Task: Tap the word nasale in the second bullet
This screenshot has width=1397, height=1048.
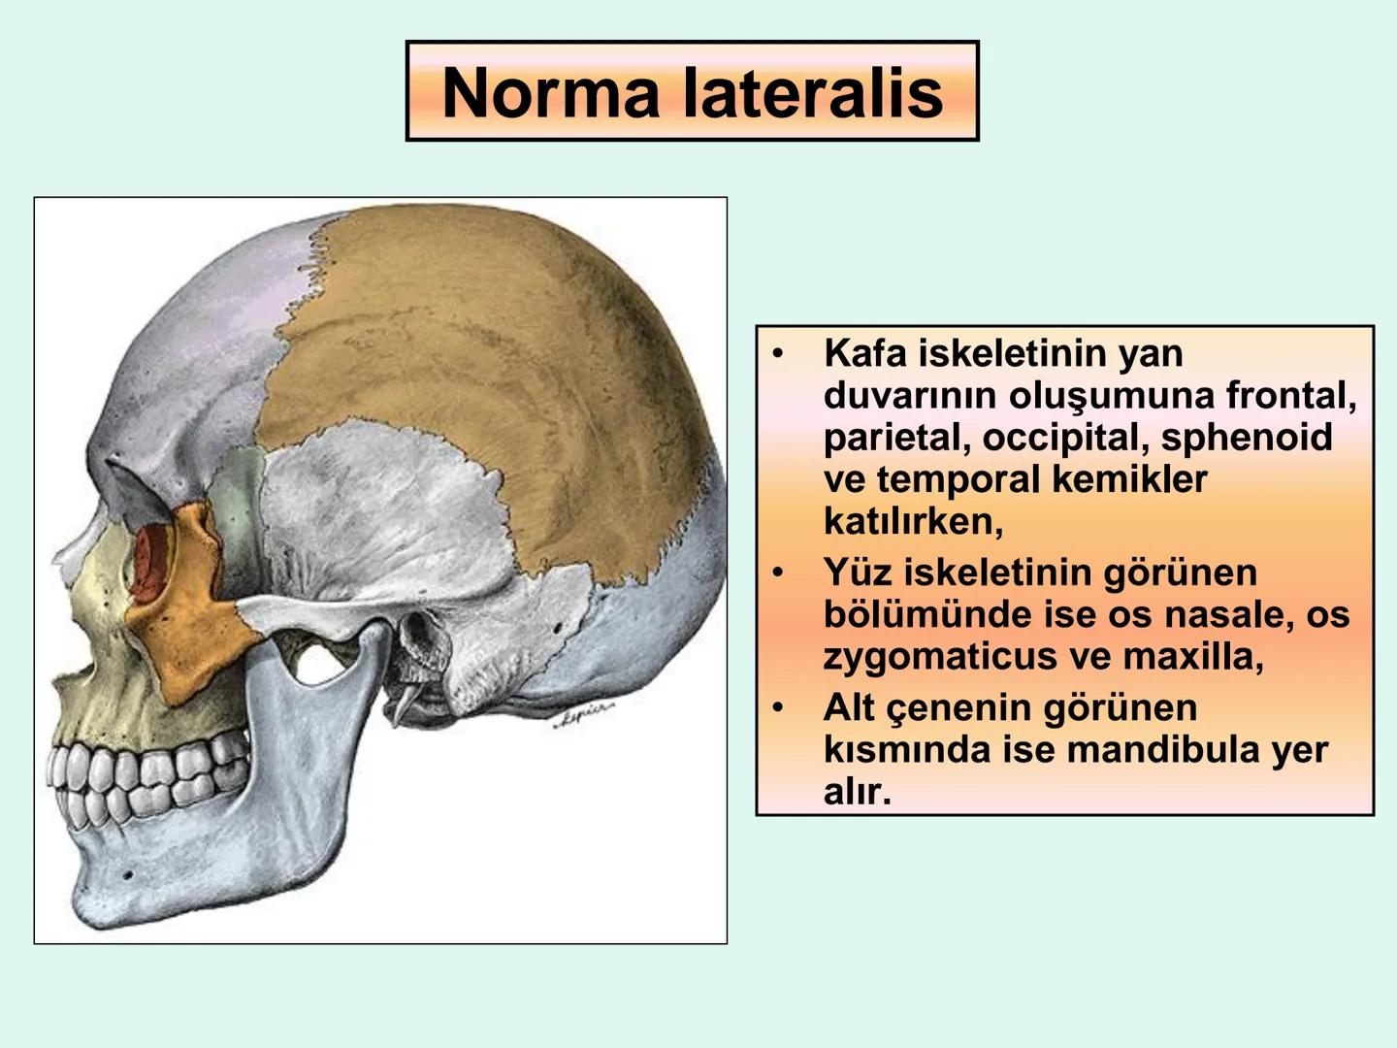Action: pyautogui.click(x=1218, y=614)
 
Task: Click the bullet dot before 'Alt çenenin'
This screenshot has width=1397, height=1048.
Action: pyautogui.click(x=777, y=708)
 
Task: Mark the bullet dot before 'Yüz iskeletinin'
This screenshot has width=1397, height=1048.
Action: pyautogui.click(x=777, y=573)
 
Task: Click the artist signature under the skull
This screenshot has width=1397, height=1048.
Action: pyautogui.click(x=583, y=719)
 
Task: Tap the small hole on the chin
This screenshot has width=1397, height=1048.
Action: pyautogui.click(x=127, y=874)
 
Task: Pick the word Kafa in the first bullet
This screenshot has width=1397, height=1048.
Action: pyautogui.click(x=862, y=353)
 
